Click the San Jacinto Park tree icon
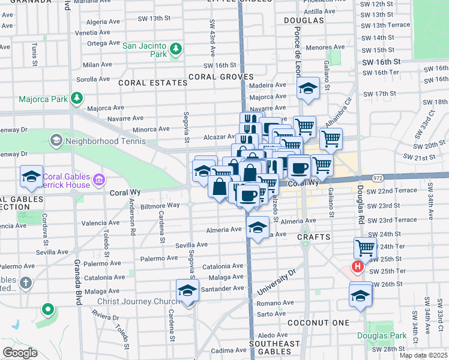click(176, 48)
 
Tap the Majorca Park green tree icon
click(76, 97)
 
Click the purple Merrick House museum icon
click(99, 179)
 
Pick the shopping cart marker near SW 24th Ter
click(365, 247)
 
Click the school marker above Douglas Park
click(360, 295)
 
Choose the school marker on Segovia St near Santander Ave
click(188, 291)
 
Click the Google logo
click(20, 352)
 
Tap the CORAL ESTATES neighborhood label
click(152, 82)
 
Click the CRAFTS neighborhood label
click(313, 238)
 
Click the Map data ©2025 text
click(423, 355)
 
